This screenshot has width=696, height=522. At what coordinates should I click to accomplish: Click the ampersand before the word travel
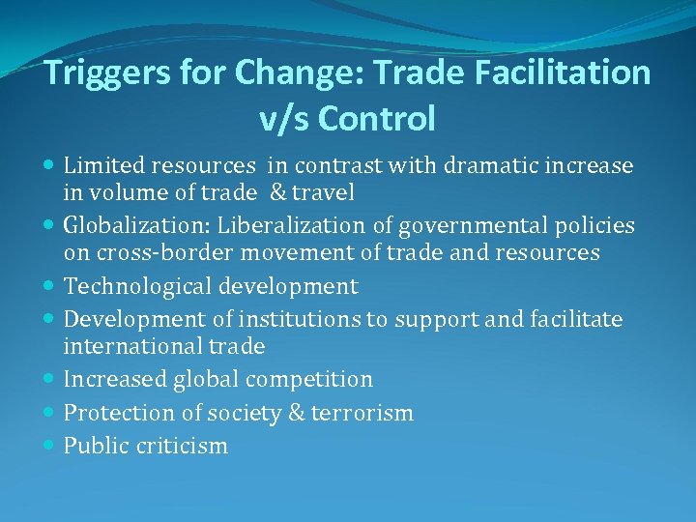click(x=278, y=192)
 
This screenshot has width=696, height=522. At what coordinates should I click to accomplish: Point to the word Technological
click(x=134, y=286)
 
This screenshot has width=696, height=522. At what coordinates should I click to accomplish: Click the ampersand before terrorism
click(x=296, y=413)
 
